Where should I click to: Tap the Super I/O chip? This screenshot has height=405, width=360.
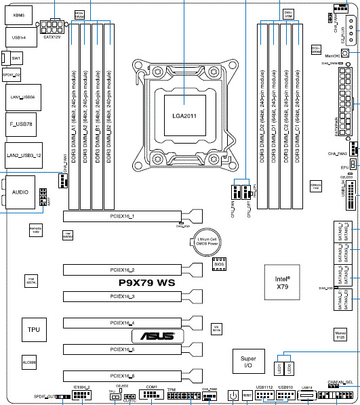click(247, 362)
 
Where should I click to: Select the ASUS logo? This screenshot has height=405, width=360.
click(157, 336)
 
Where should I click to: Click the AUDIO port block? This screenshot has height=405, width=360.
click(21, 193)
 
